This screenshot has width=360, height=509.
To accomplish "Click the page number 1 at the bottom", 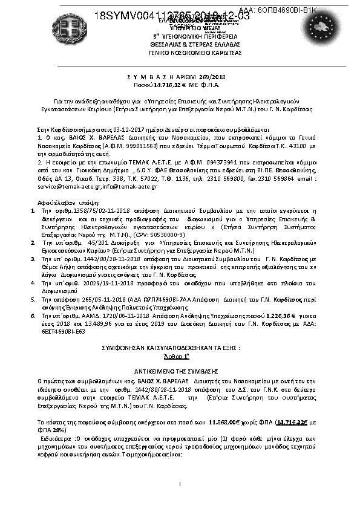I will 180,484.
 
